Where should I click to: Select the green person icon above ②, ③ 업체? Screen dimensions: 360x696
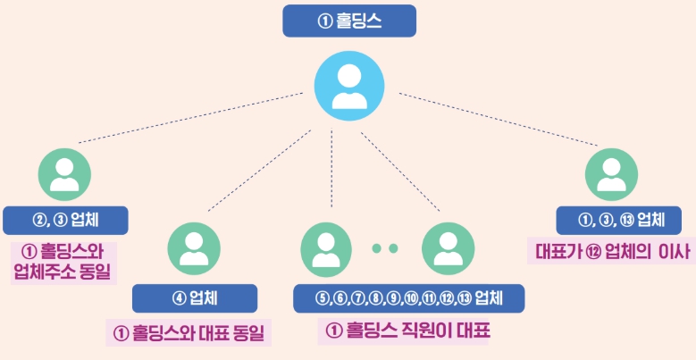(x=65, y=172)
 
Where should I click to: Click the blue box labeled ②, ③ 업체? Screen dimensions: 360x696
(x=65, y=220)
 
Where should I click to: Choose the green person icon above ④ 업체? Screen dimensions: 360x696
(x=194, y=247)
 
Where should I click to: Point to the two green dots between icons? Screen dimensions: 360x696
(x=384, y=248)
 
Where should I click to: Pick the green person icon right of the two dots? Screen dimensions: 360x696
(x=447, y=247)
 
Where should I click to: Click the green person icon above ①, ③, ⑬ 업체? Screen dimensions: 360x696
(x=611, y=172)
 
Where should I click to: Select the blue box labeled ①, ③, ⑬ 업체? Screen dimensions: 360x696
(x=610, y=220)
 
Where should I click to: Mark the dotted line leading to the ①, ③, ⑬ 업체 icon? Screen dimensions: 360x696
(x=497, y=118)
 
